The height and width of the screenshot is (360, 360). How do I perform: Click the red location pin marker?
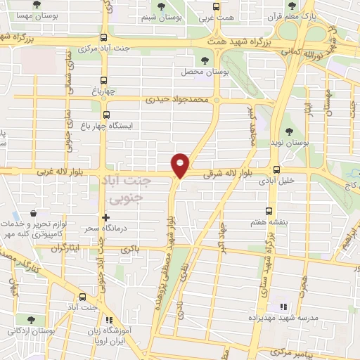pos(181,165)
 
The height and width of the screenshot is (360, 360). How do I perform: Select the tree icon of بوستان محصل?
pos(205,61)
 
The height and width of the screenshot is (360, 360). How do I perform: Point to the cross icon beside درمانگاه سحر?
pos(106,217)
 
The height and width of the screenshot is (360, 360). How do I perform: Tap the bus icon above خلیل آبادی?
pos(276,169)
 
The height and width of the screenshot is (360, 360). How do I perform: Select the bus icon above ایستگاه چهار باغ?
pos(106,115)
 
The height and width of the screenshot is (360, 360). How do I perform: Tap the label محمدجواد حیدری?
pos(178,100)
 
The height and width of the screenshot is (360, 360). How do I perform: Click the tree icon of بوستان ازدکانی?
pos(30,319)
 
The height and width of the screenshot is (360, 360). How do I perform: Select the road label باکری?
pos(130,249)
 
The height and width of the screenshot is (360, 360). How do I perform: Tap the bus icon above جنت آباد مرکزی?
pos(104,38)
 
